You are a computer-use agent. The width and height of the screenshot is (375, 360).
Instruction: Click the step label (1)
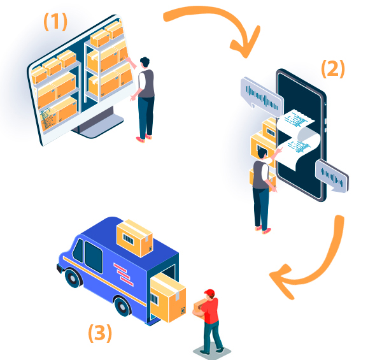[x=55, y=22]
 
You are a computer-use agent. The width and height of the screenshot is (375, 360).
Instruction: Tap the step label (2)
[x=333, y=69]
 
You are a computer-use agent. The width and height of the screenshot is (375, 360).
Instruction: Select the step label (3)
[x=100, y=333]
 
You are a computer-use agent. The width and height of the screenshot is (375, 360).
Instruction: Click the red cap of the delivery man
[x=209, y=292]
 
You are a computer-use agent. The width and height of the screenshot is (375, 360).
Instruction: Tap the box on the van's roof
[x=134, y=238]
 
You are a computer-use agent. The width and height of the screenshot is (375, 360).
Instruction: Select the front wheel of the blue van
[x=73, y=278]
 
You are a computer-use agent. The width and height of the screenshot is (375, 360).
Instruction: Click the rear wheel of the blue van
[x=122, y=306]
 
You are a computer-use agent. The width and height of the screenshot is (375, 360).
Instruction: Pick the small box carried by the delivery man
[x=199, y=308]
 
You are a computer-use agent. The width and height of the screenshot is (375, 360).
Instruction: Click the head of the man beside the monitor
[x=145, y=62]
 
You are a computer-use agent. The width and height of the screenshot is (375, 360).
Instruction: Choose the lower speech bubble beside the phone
[x=332, y=176]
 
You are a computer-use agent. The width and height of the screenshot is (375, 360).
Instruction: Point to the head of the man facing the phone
[x=262, y=153]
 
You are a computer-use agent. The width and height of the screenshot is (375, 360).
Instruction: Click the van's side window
[x=94, y=257]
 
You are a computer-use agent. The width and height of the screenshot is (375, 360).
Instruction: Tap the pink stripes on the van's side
[x=124, y=275]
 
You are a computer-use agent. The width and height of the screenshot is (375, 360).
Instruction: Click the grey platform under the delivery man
[x=212, y=351]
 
